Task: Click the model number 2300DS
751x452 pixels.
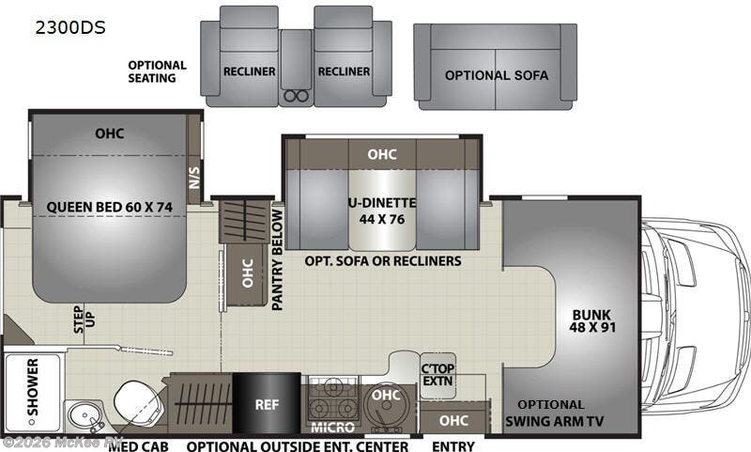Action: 71,27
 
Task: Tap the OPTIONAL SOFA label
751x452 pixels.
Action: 497,75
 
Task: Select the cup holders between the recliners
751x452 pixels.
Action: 296,95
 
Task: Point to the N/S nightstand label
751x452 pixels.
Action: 194,175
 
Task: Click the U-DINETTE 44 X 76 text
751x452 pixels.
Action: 381,211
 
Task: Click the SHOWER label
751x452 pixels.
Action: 33,386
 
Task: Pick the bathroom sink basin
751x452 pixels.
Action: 83,417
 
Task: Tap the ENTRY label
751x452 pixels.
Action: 452,445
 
